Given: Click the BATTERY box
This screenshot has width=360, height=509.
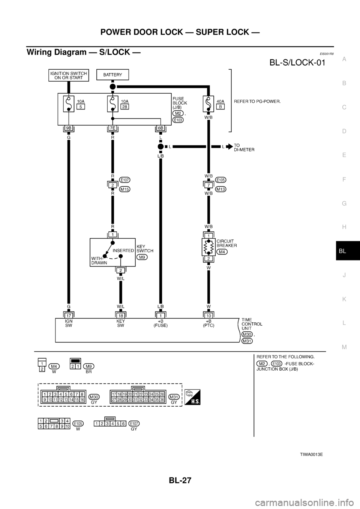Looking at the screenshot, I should point(112,75).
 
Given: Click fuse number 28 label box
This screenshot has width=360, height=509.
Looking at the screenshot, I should point(125,107).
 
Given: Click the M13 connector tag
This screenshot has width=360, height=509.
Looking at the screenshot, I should point(221,190).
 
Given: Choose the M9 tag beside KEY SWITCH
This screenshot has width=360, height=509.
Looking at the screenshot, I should point(142,257).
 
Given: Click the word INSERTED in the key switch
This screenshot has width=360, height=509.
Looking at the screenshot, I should point(123,250).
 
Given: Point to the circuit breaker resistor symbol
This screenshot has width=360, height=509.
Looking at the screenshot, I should point(208,248).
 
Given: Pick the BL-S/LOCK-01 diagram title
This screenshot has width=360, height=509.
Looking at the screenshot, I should point(297,63).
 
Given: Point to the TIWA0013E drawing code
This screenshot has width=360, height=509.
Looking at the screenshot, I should point(311,454).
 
